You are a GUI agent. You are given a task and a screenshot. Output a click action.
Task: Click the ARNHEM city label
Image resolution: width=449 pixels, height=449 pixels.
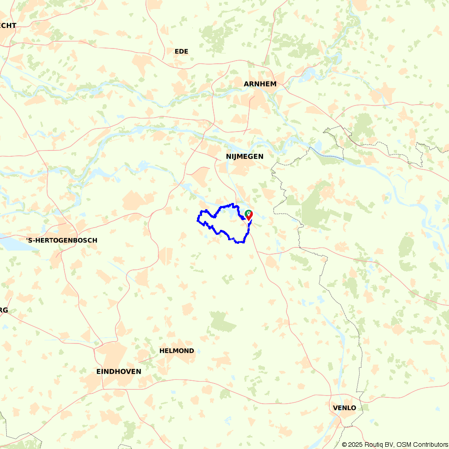point(260,84)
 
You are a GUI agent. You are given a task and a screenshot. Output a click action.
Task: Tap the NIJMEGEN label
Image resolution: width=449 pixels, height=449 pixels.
point(245,156)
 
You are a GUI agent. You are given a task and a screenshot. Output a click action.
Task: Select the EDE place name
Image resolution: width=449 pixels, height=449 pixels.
point(181,52)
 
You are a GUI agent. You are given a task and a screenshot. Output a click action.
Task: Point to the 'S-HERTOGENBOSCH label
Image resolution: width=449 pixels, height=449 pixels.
point(61,240)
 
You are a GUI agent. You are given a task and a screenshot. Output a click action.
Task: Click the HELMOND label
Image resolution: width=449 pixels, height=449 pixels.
point(177,351)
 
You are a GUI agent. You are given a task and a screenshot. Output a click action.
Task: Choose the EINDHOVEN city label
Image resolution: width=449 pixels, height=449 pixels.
point(119,371)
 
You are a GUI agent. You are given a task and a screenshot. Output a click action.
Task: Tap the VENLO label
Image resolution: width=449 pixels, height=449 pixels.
point(344,408)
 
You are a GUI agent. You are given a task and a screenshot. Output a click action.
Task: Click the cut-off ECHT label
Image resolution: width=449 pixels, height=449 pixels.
point(8,26)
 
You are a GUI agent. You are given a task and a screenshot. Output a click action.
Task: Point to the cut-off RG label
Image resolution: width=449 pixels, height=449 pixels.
point(4,310)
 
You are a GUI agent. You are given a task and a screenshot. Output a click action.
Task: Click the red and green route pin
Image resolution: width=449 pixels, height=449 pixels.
point(248,215)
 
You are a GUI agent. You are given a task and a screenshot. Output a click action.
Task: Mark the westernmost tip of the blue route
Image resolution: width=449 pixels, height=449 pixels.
point(198,220)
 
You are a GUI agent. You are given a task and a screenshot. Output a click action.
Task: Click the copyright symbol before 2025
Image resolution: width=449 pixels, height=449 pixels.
point(344,445)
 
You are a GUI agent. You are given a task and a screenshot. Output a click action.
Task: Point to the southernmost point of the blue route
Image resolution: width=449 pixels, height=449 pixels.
point(240,242)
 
